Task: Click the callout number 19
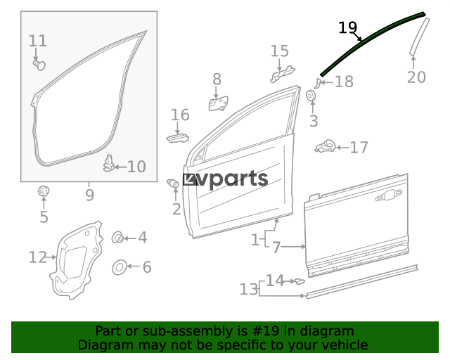click(x=348, y=28)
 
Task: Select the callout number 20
click(x=416, y=77)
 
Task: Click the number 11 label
click(x=37, y=41)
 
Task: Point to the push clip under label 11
click(x=39, y=65)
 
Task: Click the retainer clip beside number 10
click(x=108, y=163)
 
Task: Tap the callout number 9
click(x=89, y=195)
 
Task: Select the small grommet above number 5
click(x=44, y=191)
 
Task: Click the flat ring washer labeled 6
click(x=120, y=267)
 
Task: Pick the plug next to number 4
click(x=117, y=238)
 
